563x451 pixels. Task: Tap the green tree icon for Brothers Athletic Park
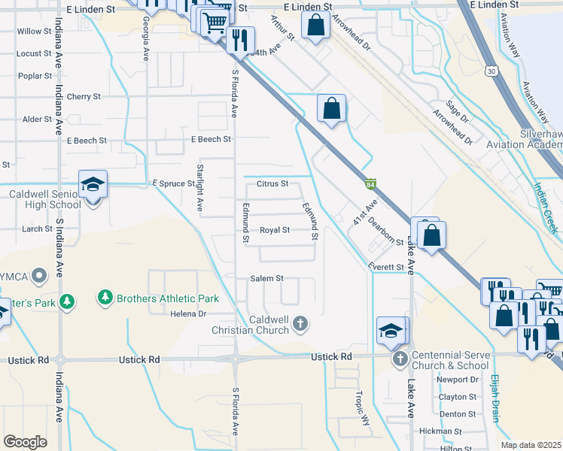click(x=105, y=298)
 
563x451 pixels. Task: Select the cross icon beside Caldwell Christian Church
click(x=300, y=324)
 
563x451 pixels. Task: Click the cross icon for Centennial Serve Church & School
click(x=400, y=359)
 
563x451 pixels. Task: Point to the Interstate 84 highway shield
click(x=370, y=183)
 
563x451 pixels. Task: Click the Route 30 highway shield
click(x=491, y=70)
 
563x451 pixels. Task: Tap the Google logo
click(x=25, y=442)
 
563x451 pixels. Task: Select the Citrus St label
click(x=272, y=183)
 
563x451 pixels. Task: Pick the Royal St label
click(x=275, y=230)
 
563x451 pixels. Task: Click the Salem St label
click(x=267, y=278)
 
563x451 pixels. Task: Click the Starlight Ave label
click(x=200, y=187)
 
